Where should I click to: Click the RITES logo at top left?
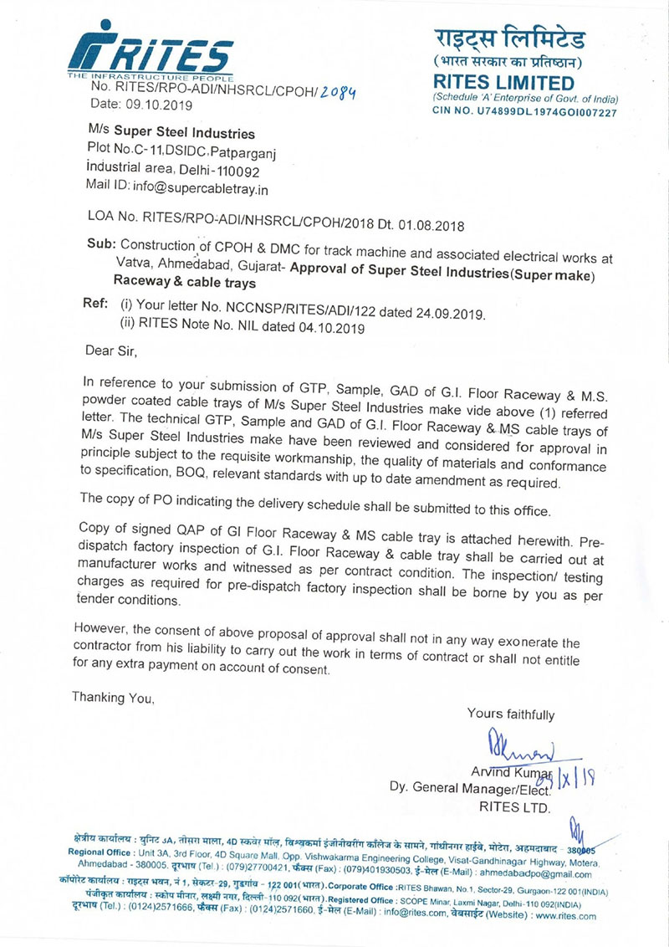149,49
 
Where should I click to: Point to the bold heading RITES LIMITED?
504,83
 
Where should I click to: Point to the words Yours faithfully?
510,714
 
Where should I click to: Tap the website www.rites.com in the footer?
563,915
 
